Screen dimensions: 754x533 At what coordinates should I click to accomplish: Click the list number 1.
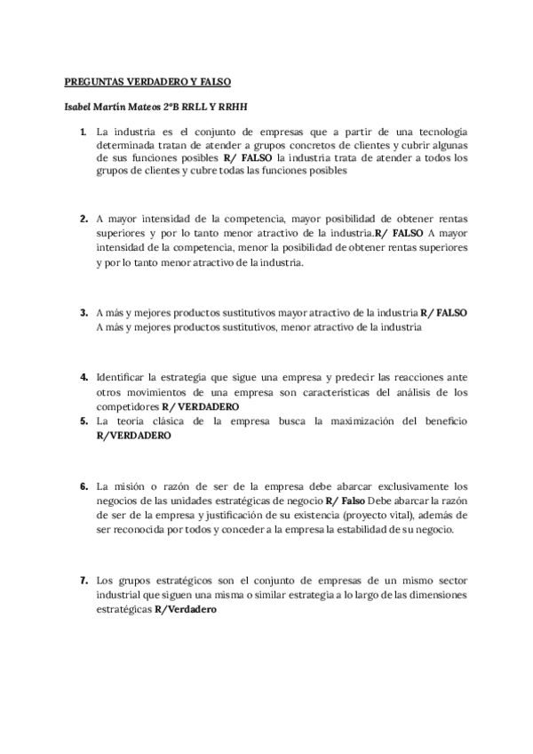pyautogui.click(x=83, y=132)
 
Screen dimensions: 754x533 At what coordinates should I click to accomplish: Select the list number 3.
pyautogui.click(x=83, y=312)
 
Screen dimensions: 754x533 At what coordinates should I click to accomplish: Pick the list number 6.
pyautogui.click(x=83, y=486)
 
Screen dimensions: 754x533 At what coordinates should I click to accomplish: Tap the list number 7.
pyautogui.click(x=83, y=580)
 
